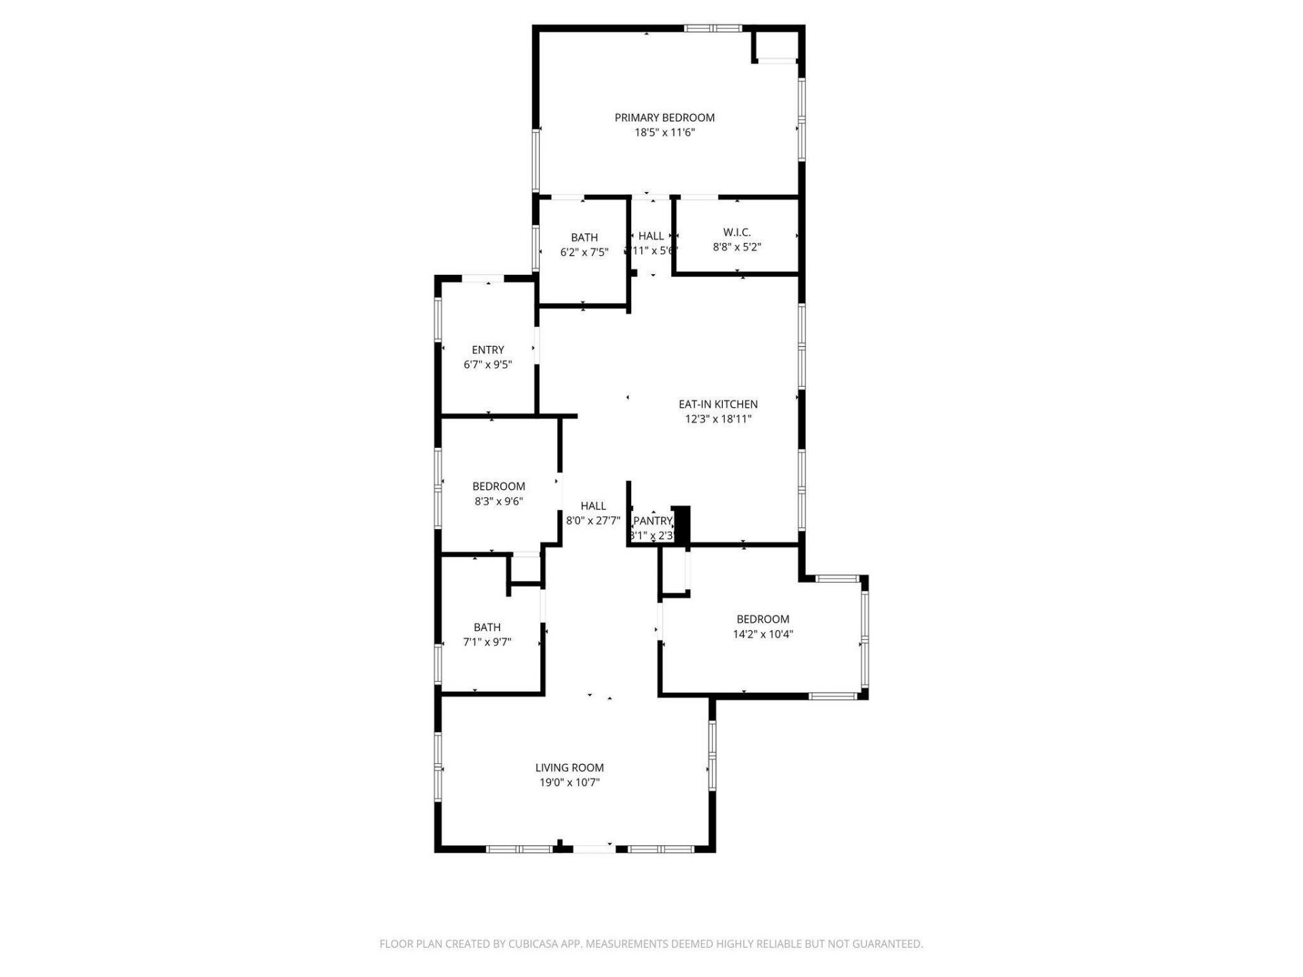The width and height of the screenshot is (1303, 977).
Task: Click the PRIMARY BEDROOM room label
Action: pos(664,117)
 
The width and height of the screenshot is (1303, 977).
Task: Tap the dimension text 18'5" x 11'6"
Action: pos(664,133)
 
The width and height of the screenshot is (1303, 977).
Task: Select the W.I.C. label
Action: pos(736,232)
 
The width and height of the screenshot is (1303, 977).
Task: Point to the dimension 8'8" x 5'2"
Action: pos(736,248)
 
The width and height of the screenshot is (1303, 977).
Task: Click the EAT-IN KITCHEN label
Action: pos(718,404)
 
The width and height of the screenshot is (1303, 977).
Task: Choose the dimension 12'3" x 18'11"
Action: pos(718,419)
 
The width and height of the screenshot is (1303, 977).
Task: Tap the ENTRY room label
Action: pos(488,350)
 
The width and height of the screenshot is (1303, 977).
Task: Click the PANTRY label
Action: pos(652,521)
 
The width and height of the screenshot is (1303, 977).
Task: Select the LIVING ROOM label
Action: pos(569,768)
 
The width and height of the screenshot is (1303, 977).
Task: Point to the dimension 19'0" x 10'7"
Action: pos(569,783)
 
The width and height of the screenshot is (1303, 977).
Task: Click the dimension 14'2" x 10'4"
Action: pos(763,634)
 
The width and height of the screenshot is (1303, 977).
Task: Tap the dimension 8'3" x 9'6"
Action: pos(498,502)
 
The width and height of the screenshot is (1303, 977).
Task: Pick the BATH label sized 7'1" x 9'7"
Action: pos(487,628)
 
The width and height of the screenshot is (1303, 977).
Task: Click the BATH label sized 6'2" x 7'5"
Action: pos(584,237)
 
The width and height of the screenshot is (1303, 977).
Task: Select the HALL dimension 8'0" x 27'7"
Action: pos(593,521)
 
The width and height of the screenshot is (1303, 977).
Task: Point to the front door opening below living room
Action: pos(594,848)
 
